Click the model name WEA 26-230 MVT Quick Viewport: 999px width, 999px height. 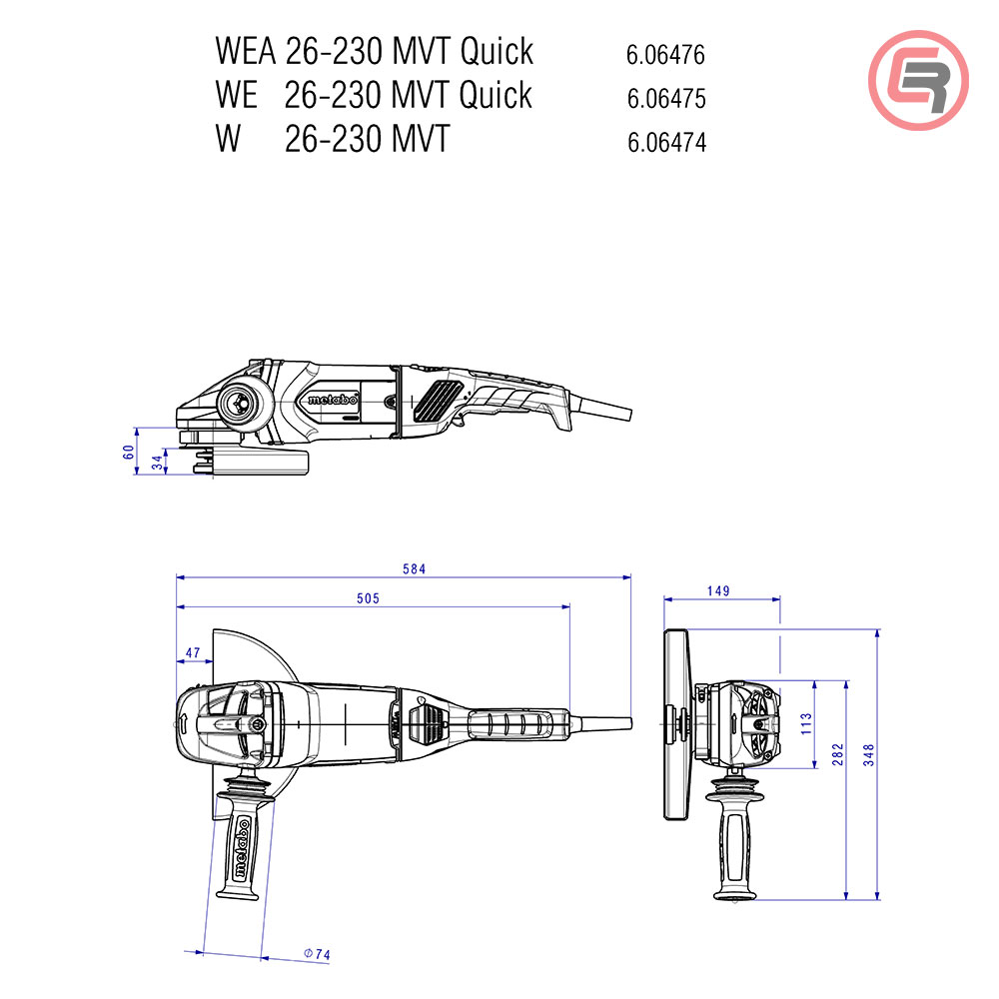click(374, 51)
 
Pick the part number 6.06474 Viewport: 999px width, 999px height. click(666, 143)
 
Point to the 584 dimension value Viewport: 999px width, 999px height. click(414, 569)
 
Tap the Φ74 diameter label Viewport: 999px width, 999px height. click(317, 955)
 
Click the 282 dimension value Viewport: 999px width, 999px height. click(838, 756)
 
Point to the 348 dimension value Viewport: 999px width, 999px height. click(869, 756)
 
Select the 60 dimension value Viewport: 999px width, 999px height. click(128, 452)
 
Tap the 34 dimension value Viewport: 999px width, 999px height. click(155, 463)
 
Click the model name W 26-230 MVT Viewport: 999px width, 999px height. click(332, 139)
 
